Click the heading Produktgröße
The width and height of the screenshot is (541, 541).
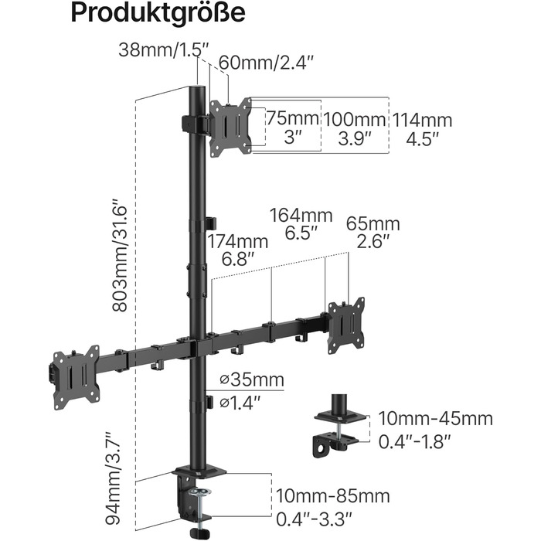158,13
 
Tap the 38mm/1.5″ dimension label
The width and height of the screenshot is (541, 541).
164,50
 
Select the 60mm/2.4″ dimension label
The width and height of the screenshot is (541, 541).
266,63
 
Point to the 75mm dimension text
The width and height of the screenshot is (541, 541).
292,118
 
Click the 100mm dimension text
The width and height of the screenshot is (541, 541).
354,120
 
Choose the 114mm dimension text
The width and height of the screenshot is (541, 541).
422,121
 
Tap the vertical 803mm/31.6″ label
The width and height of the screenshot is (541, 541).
120,255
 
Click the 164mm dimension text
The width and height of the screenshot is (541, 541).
301,216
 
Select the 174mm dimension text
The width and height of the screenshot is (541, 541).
237,241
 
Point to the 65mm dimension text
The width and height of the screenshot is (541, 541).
373,223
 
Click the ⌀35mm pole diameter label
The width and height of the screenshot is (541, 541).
252,380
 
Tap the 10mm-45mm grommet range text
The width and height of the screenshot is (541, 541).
435,419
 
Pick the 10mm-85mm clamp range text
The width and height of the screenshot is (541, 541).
332,496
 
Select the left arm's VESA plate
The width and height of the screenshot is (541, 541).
77,377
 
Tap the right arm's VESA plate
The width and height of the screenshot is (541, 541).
346,325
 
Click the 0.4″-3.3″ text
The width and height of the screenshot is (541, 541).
314,519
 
